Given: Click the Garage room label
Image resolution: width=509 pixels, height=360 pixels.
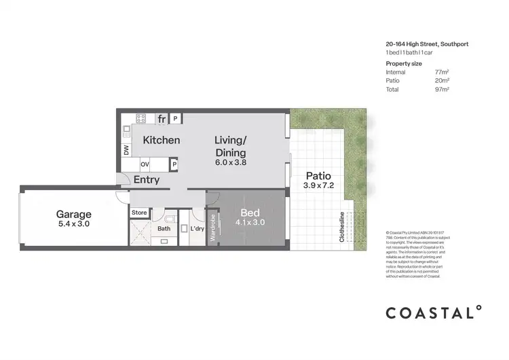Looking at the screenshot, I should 73,214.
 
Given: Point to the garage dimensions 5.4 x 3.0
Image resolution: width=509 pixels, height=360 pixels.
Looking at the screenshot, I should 73,223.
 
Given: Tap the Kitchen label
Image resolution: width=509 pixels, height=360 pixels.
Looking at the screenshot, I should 162,140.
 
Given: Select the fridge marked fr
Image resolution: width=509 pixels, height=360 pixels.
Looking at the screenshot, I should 162,119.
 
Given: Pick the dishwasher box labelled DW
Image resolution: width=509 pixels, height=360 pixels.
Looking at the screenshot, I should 126,151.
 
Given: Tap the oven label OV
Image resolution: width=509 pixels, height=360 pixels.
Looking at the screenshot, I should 145,164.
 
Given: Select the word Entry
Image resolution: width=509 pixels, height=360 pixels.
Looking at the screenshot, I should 147,180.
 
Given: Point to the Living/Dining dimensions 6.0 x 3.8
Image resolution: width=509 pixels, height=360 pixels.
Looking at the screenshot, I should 231,163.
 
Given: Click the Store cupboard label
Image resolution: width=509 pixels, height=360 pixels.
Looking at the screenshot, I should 139,213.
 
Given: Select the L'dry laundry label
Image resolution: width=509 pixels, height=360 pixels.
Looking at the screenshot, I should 197,229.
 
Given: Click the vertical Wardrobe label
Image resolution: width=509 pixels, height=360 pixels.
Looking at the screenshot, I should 213,227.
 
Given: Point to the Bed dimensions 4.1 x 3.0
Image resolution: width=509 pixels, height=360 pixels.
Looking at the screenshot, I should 250,222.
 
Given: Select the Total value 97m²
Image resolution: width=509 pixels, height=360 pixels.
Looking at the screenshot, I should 442,88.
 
